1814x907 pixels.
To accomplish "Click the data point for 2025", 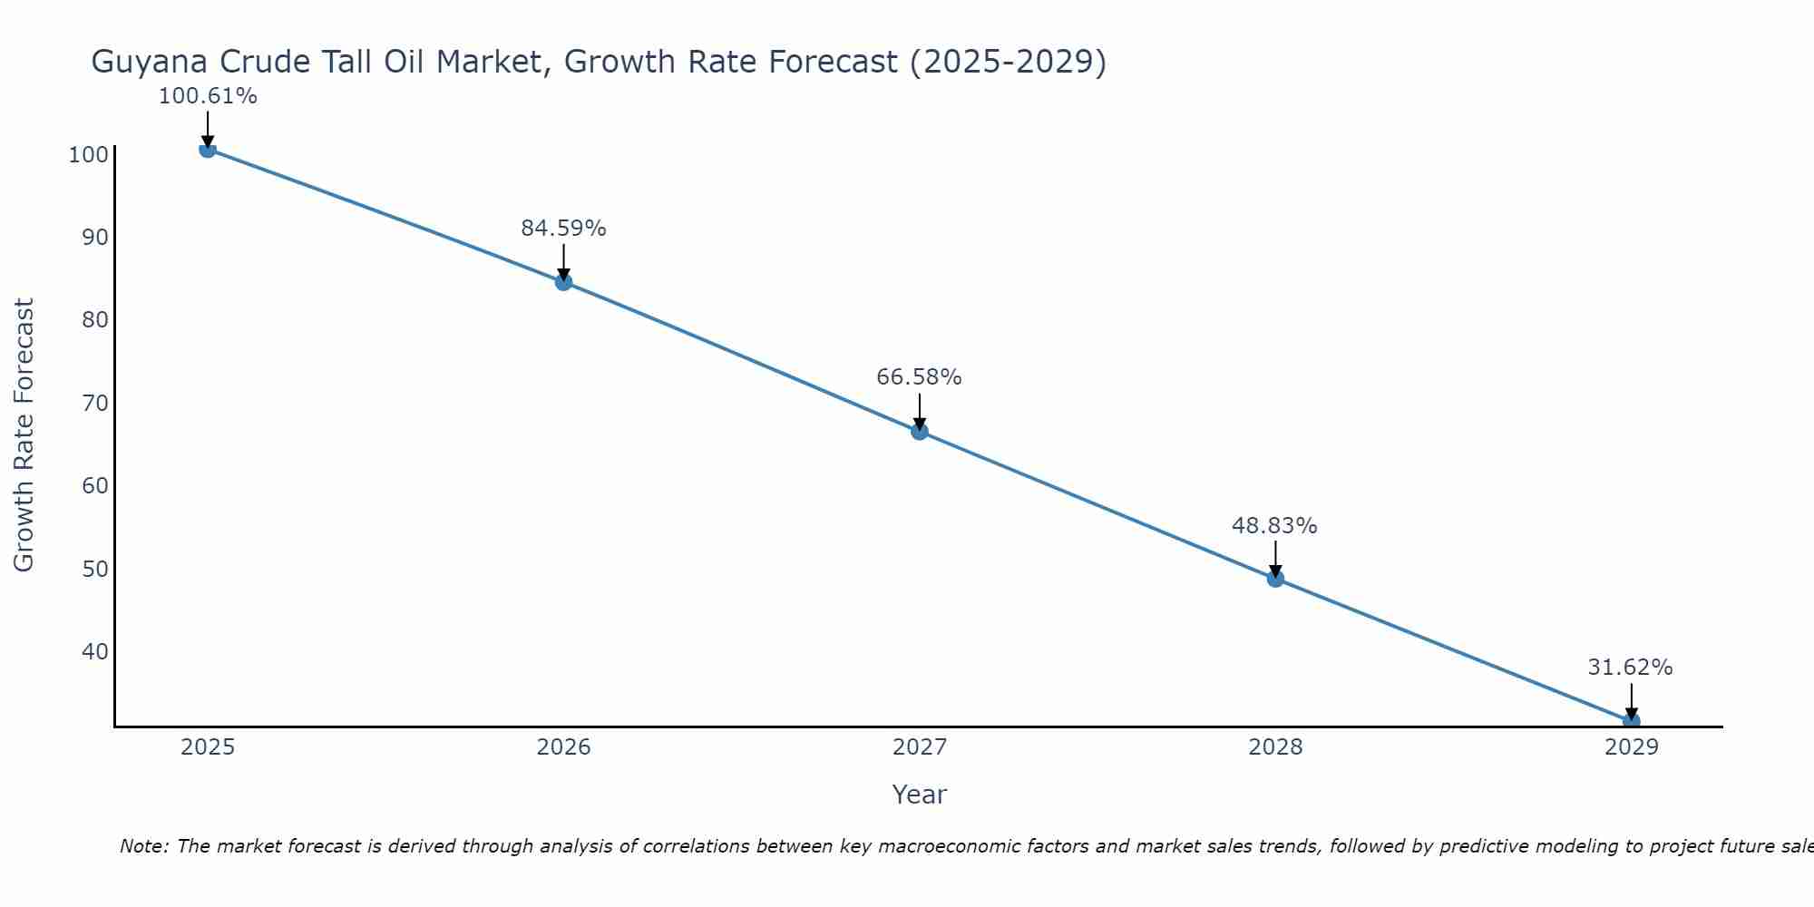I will coord(208,149).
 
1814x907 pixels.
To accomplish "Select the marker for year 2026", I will coord(563,282).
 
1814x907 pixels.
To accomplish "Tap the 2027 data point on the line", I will coord(920,432).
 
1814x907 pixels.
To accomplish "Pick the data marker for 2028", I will coord(1275,579).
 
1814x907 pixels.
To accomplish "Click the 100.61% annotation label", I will coord(208,96).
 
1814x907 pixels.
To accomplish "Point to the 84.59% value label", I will coord(563,229).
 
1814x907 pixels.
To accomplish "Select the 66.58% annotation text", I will coord(919,377).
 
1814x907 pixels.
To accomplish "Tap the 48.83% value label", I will coord(1274,526).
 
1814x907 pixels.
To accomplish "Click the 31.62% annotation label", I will coord(1630,668).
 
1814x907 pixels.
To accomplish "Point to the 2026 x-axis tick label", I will coord(563,747).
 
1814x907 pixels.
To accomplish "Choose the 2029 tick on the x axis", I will coord(1631,747).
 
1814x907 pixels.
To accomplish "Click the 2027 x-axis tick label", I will coord(920,747).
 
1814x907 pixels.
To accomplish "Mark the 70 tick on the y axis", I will coord(94,403).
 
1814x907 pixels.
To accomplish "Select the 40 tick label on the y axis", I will coord(94,652).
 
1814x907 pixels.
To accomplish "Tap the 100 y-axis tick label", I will coord(89,155).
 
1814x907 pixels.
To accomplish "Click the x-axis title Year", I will coord(919,795).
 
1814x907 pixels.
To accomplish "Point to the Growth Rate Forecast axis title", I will coord(24,435).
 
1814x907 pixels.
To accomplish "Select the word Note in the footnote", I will coord(143,846).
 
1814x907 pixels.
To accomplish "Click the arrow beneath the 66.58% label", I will coord(920,412).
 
